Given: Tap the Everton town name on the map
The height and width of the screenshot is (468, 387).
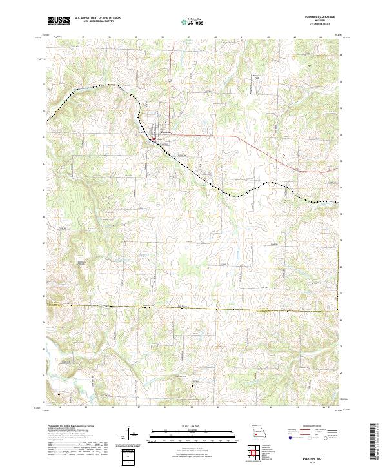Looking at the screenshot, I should [x=165, y=132].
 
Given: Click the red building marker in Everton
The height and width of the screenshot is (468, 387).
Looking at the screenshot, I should [x=154, y=138].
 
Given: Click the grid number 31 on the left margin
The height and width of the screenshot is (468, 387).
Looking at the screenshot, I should [x=44, y=190].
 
